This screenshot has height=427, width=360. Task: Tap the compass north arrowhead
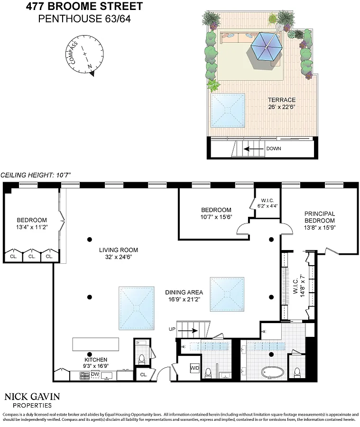pos(92,74)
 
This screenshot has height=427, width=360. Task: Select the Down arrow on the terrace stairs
pos(254,149)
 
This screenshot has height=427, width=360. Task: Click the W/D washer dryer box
pos(195,368)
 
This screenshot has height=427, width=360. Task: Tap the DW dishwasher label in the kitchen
pos(95,374)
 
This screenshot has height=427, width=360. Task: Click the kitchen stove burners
pos(84,376)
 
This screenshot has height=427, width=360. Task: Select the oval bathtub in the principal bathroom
pos(273,372)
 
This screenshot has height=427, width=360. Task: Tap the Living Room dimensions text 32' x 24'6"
pos(119,257)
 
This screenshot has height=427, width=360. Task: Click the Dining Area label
pos(184,292)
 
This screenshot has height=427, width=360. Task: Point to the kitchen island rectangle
pos(96,344)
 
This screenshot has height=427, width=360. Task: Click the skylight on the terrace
pos(228,110)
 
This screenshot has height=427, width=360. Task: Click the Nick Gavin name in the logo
pos(32,397)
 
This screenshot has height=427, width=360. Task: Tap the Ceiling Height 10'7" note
pos(36,175)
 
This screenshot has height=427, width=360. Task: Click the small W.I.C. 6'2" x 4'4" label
pos(268,203)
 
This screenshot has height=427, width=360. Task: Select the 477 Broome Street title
pos(84,6)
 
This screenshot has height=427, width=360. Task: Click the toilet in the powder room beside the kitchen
pos(142,359)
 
